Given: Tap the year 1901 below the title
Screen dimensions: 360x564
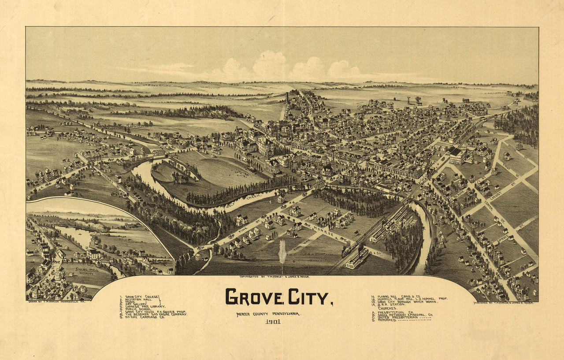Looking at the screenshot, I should [272, 321].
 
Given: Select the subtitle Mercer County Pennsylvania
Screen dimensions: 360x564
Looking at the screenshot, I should [268, 314].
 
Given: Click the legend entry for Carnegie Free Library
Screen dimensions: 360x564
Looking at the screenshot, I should [145, 306].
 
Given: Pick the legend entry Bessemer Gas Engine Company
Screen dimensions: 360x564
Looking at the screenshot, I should [156, 314].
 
